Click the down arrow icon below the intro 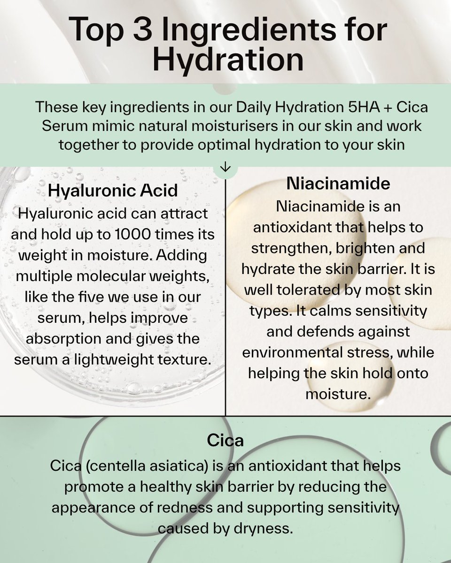(x=225, y=167)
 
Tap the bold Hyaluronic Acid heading (x=113, y=190)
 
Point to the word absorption (x=60, y=338)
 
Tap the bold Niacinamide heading (x=338, y=183)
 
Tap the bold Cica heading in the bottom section (x=225, y=441)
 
